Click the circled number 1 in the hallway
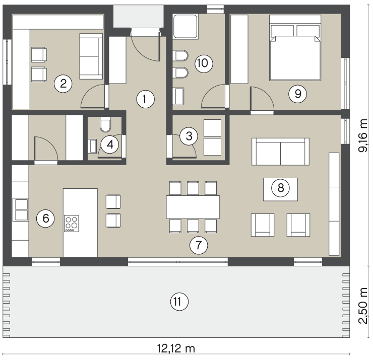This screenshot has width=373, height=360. point(145,99)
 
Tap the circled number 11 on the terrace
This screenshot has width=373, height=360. point(179,302)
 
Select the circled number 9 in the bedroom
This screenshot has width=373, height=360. point(297,94)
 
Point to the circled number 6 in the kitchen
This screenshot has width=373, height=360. point(45,219)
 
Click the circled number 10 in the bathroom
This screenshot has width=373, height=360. point(204,63)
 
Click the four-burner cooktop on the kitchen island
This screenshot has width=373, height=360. point(72,224)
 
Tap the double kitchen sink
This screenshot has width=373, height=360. point(21,209)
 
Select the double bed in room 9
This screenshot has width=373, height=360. point(295,48)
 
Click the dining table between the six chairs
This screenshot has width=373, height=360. point(193,207)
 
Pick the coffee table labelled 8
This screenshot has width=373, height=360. point(280,189)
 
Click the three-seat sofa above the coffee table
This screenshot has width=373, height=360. point(280,152)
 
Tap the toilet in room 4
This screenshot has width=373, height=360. point(105,124)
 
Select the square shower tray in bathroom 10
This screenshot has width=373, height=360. point(185,27)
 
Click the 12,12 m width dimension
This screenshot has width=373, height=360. point(176,349)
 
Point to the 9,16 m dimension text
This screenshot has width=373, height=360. point(363,135)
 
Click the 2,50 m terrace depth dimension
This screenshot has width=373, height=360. point(363,305)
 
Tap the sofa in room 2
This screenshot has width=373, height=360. point(91,56)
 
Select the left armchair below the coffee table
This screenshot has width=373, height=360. point(263,225)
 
